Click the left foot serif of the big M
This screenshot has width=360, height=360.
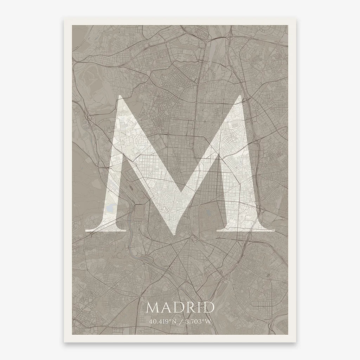coord(105,230)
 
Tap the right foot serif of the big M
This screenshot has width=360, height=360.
coord(246,230)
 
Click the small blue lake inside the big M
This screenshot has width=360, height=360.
coord(110,209)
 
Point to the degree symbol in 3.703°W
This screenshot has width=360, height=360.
coord(204,320)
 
